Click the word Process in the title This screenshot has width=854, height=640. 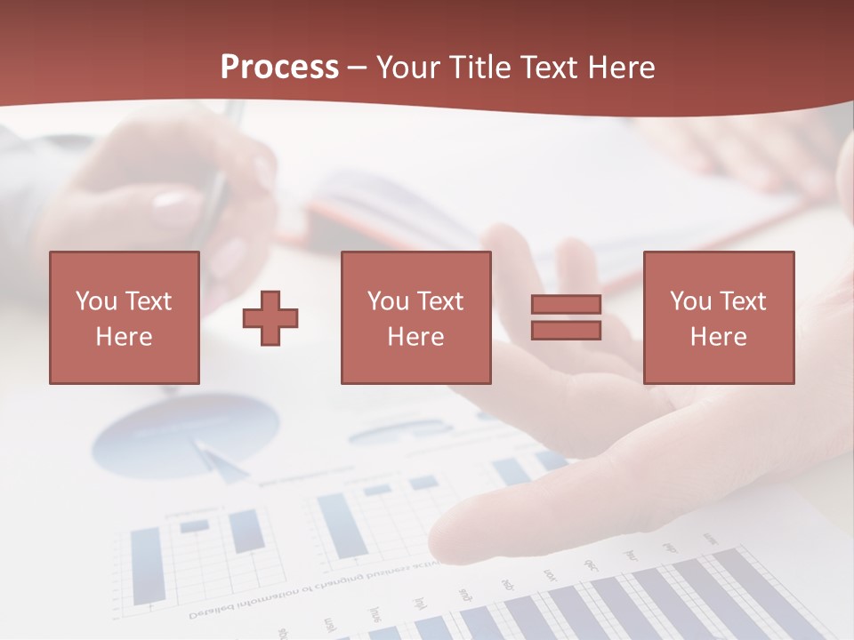coord(279,68)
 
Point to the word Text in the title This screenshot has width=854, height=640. coord(546,68)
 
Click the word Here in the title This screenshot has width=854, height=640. coord(619,68)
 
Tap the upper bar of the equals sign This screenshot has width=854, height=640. coord(566,305)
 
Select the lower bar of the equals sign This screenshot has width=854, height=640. coord(566,331)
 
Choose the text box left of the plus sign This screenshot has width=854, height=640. coord(124,317)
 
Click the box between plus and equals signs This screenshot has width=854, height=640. coord(415,317)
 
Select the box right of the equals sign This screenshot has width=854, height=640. coord(718,317)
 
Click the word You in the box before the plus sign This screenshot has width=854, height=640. coord(94,301)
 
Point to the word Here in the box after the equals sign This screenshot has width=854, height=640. coord(718,337)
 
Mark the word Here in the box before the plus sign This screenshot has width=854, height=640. coord(124,337)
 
